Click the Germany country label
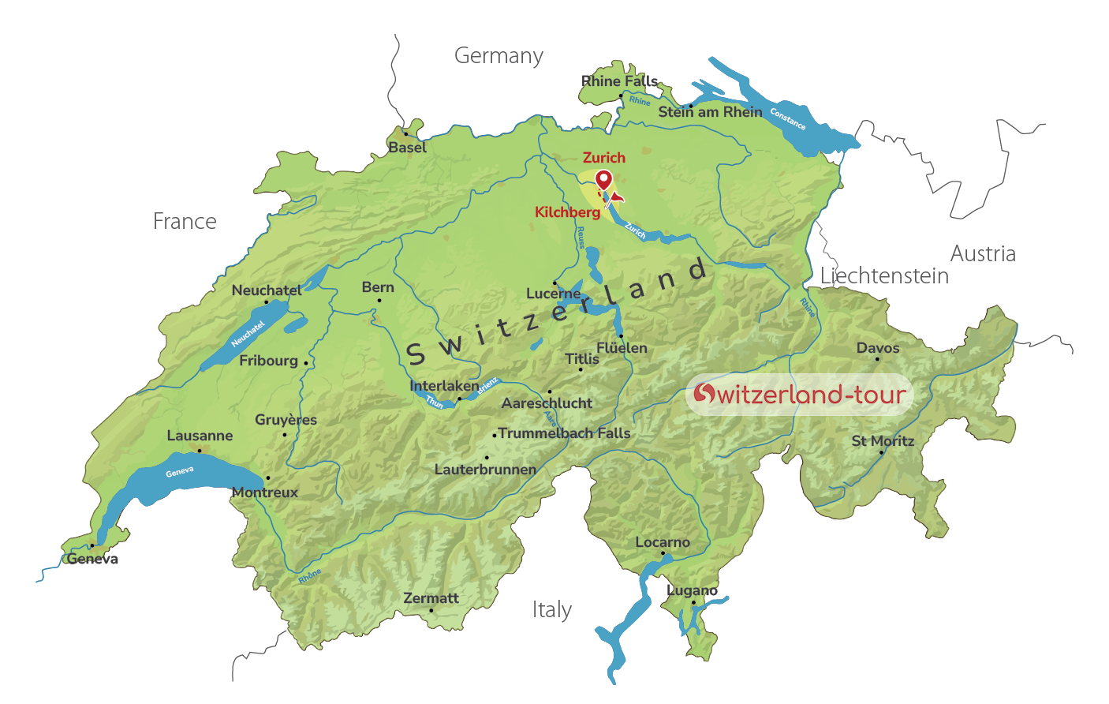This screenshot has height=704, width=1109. (x=498, y=56)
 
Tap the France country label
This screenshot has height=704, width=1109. (x=185, y=222)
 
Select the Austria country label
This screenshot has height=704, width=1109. (x=983, y=254)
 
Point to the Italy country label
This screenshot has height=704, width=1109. (x=551, y=610)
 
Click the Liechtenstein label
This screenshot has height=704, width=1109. (x=884, y=276)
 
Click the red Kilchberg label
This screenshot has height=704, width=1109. (x=567, y=212)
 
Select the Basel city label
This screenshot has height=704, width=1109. (x=407, y=148)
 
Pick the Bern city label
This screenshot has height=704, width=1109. (x=378, y=287)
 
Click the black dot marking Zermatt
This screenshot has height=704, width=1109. (x=431, y=610)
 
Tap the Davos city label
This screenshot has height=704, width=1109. (x=878, y=348)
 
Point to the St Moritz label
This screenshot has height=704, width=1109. (x=883, y=441)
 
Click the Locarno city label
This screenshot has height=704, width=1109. (x=663, y=542)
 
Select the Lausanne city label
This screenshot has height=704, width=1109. (x=200, y=436)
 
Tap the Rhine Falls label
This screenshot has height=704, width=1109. (x=619, y=81)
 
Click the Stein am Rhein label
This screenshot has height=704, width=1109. (x=710, y=112)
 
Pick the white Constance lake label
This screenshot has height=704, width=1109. (x=787, y=119)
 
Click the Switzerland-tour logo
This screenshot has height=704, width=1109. (x=799, y=395)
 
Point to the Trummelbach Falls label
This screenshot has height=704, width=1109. (x=564, y=433)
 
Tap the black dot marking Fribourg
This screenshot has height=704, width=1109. (x=306, y=363)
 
